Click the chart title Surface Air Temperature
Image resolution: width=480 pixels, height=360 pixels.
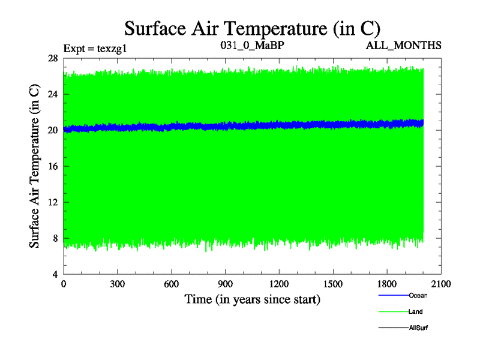click(251, 28)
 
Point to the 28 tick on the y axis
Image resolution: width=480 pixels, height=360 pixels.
click(53, 58)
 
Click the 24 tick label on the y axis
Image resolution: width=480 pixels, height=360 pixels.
click(53, 94)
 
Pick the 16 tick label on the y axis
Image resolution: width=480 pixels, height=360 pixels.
click(53, 166)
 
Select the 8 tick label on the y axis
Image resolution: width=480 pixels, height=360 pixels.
click(55, 238)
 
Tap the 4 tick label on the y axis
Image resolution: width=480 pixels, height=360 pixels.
click(55, 274)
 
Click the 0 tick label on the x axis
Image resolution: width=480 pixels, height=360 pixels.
click(64, 284)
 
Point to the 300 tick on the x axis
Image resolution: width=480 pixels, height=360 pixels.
click(117, 284)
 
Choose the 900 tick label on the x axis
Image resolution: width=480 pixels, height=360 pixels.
click(225, 284)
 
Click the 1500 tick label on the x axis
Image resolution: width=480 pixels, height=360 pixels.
click(333, 284)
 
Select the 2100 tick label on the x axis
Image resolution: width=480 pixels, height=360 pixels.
click(441, 284)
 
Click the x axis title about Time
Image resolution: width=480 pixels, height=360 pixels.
click(252, 299)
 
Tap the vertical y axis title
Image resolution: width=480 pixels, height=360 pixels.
click(35, 166)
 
